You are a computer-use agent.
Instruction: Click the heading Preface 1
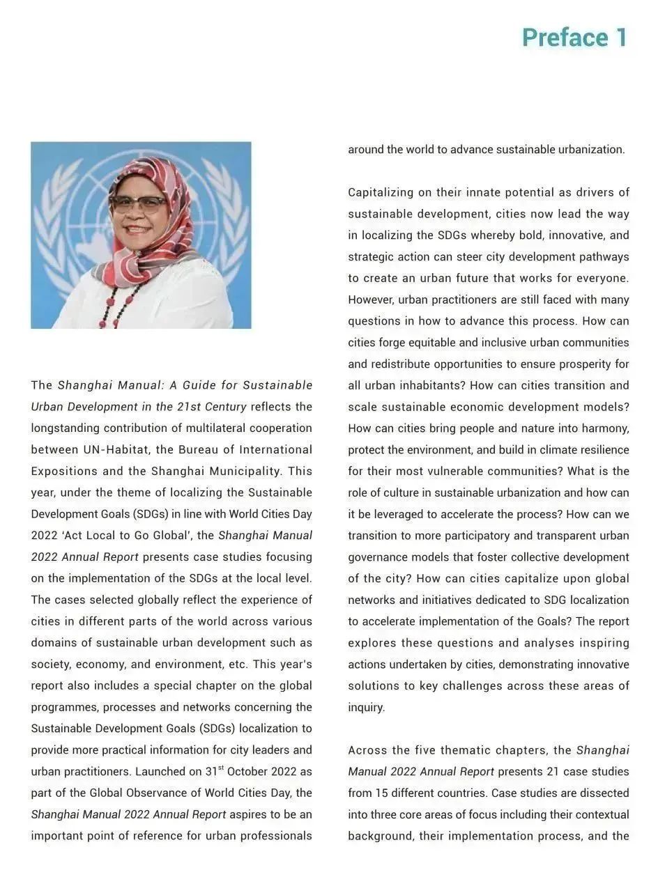[x=574, y=38]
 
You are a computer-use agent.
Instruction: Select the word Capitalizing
[x=381, y=192]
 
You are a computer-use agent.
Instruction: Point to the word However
[x=371, y=300]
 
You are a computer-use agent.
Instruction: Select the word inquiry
[x=365, y=708]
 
